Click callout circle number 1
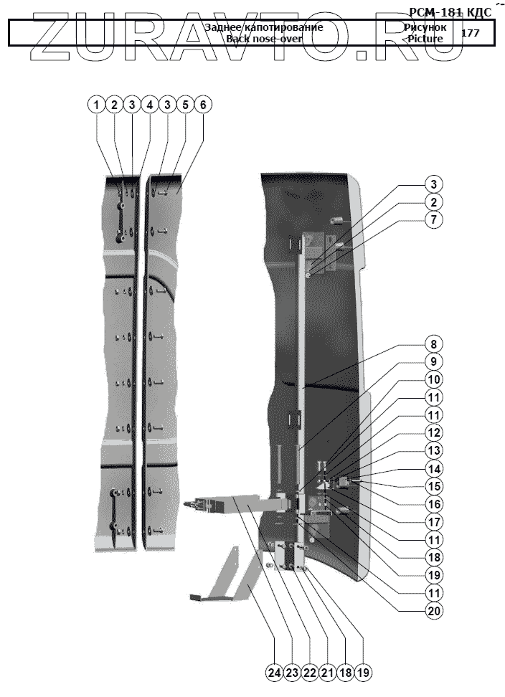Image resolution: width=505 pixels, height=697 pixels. (x=96, y=105)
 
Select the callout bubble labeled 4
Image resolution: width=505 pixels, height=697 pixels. (x=149, y=105)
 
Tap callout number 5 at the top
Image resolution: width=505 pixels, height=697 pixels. (x=184, y=105)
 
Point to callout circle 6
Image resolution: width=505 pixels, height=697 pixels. (x=202, y=105)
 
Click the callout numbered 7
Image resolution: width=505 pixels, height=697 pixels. (x=433, y=220)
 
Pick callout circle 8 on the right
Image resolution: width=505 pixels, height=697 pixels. (x=433, y=343)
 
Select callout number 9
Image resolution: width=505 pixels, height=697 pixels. (x=433, y=361)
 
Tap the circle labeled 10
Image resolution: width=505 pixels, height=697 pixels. (x=433, y=379)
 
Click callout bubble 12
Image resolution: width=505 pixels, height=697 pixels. (x=433, y=432)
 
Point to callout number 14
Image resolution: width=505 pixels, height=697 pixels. (x=433, y=468)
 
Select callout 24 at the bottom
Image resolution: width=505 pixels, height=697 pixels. (x=274, y=672)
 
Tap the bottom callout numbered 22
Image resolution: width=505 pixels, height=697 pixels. (x=310, y=672)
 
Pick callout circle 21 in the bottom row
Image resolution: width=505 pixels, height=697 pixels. (x=327, y=672)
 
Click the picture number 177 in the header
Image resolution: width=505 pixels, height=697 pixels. (x=471, y=33)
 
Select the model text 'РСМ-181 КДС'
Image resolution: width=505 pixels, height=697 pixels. (x=450, y=12)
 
